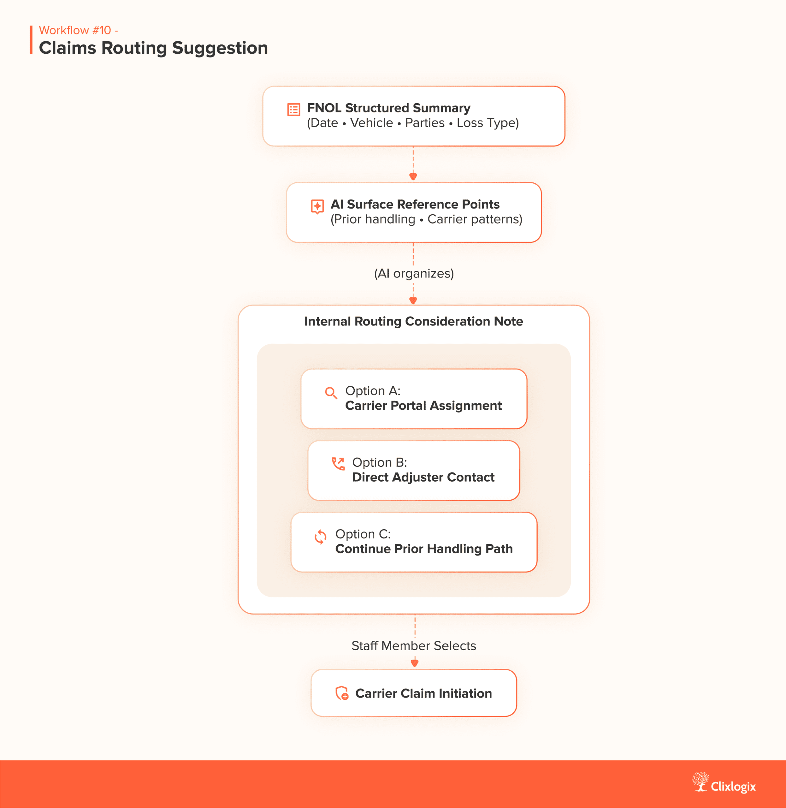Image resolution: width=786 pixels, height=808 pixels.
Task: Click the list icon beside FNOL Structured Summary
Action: (x=293, y=110)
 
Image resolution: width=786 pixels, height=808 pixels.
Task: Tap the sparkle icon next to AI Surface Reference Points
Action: (x=317, y=206)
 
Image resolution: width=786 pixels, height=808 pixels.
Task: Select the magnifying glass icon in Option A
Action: (x=331, y=393)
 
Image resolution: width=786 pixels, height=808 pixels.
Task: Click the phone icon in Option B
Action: (x=338, y=464)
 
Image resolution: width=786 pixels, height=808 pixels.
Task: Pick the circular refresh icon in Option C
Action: (x=320, y=537)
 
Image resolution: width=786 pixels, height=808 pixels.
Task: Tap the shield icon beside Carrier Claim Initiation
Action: (x=342, y=693)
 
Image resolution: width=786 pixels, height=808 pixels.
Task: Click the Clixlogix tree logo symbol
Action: (x=700, y=781)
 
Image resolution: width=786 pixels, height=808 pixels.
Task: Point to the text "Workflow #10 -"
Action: (x=79, y=30)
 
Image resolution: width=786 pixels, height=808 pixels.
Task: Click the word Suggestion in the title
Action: (x=220, y=48)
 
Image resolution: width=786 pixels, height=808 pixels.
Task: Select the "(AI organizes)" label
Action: (x=414, y=273)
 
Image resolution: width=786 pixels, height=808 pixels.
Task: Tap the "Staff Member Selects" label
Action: (x=414, y=646)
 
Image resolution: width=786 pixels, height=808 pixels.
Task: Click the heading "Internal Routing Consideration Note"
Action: (x=413, y=321)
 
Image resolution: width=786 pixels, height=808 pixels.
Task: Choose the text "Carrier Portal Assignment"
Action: (x=423, y=406)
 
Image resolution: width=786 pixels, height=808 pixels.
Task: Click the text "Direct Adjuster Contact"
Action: (x=423, y=477)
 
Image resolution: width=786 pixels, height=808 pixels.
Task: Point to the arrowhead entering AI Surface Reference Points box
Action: (x=413, y=177)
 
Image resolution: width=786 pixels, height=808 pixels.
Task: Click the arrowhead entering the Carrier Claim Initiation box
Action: (x=415, y=663)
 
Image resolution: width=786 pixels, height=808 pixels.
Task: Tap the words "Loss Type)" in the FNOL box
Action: (x=488, y=123)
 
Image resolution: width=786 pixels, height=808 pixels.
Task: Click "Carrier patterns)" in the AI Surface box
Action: (x=475, y=219)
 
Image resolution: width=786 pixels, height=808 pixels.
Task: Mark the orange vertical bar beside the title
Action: (x=31, y=40)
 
